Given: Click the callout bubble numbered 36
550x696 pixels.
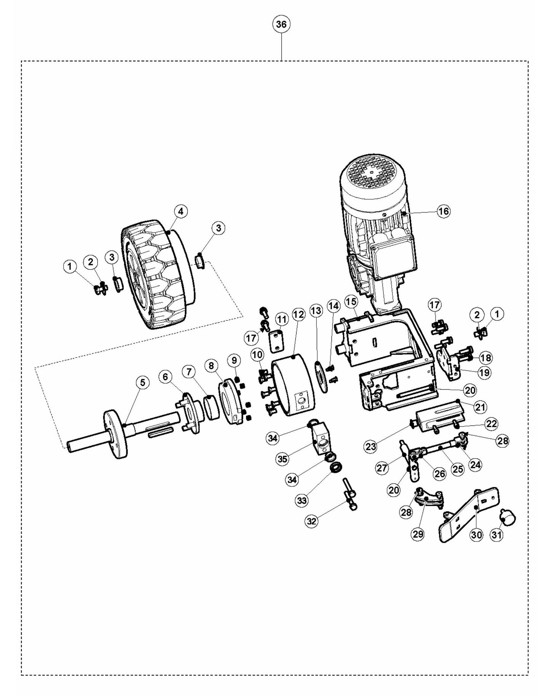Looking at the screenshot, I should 281,24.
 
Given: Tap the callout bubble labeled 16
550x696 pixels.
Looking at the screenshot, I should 443,211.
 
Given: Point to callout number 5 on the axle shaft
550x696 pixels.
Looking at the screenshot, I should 142,382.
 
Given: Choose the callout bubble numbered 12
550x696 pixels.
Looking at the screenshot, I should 299,315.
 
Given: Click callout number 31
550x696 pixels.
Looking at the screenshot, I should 496,535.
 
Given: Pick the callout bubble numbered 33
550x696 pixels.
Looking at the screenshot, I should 302,501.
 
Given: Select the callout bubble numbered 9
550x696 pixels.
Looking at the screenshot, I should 234,360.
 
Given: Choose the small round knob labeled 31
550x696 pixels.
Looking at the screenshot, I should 509,517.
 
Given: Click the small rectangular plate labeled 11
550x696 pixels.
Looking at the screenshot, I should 277,341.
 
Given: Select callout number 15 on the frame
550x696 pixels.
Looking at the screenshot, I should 351,301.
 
